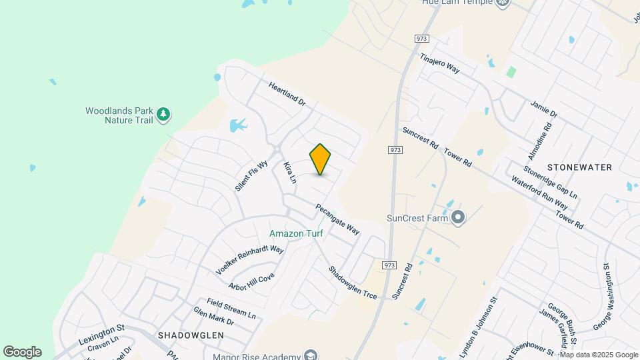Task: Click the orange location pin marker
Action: pyautogui.click(x=320, y=159)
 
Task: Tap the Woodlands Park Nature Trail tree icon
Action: pyautogui.click(x=163, y=116)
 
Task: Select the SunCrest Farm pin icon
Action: pyautogui.click(x=457, y=217)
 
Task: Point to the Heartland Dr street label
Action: pyautogui.click(x=287, y=95)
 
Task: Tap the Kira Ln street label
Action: pyautogui.click(x=289, y=172)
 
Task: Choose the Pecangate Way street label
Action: pyautogui.click(x=337, y=219)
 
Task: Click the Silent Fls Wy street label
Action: pyautogui.click(x=251, y=176)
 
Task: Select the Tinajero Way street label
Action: pyautogui.click(x=440, y=64)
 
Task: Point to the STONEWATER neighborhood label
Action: pyautogui.click(x=579, y=167)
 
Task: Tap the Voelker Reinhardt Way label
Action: pyautogui.click(x=250, y=260)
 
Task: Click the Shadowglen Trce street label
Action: pyautogui.click(x=352, y=283)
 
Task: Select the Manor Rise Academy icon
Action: pyautogui.click(x=310, y=355)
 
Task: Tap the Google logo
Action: pyautogui.click(x=22, y=352)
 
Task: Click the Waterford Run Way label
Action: pyautogui.click(x=539, y=192)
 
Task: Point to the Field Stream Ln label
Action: pyautogui.click(x=231, y=307)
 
